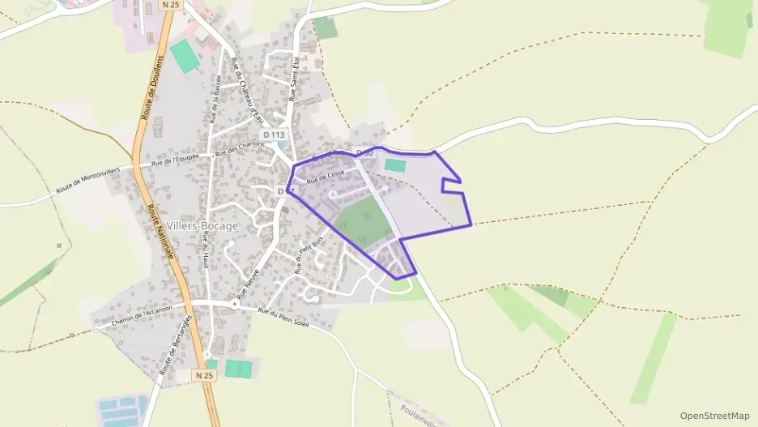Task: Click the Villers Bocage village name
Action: tap(202, 226)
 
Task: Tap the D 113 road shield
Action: tap(274, 135)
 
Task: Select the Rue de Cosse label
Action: tap(326, 177)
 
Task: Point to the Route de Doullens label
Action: tap(151, 88)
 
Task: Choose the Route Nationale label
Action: tap(160, 231)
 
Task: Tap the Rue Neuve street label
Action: tap(249, 284)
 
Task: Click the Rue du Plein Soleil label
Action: tap(285, 314)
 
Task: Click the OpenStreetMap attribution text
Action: tap(715, 416)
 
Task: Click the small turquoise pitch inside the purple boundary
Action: tap(395, 165)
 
